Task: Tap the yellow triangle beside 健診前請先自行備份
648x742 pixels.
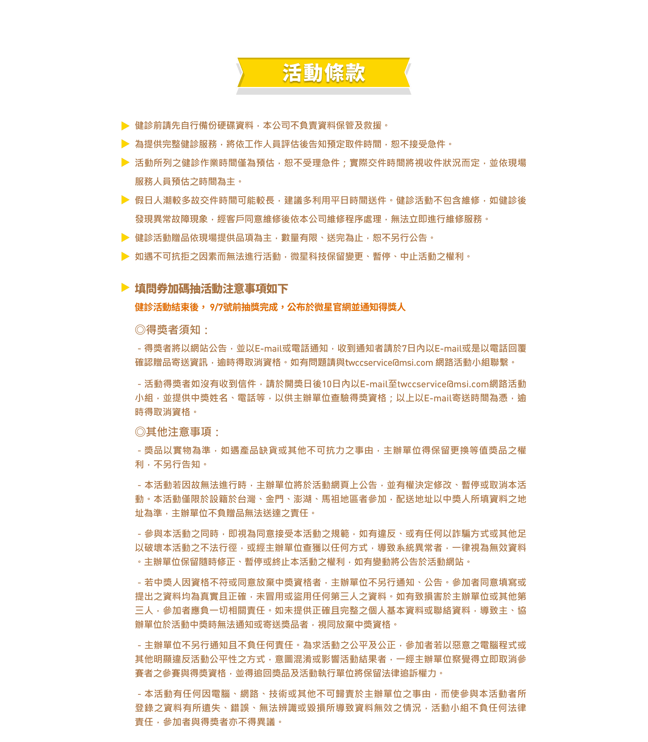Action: pyautogui.click(x=126, y=126)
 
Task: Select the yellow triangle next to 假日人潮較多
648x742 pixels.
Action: pyautogui.click(x=126, y=200)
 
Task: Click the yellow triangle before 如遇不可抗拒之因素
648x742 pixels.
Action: pyautogui.click(x=126, y=257)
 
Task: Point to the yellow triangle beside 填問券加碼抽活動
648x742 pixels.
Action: pyautogui.click(x=126, y=288)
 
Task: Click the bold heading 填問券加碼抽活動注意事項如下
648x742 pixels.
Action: pyautogui.click(x=212, y=289)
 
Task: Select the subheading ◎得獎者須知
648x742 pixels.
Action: pyautogui.click(x=172, y=330)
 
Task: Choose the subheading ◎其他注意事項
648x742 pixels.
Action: pyautogui.click(x=178, y=432)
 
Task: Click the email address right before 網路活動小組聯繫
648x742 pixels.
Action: pyautogui.click(x=389, y=363)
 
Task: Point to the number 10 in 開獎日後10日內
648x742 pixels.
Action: pyautogui.click(x=327, y=384)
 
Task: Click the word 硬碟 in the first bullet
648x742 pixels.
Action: pyautogui.click(x=226, y=126)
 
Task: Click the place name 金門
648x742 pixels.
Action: pyautogui.click(x=275, y=499)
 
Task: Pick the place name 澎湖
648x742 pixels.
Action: pyautogui.click(x=303, y=499)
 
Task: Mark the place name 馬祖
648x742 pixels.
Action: pyautogui.click(x=331, y=499)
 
